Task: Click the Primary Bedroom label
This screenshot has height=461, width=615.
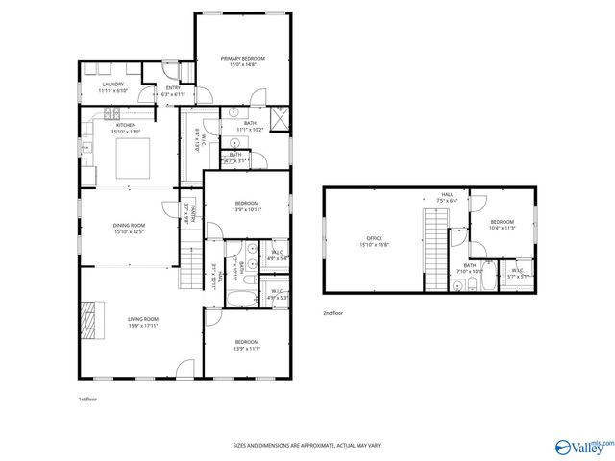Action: pos(242,59)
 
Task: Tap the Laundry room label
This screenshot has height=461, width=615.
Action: pos(113,85)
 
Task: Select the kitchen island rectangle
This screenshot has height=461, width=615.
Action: pos(134,158)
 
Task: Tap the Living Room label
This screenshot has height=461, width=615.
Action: pos(143,319)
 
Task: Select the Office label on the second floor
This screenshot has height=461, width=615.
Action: pos(375,239)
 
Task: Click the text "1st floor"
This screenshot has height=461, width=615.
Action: pos(87,399)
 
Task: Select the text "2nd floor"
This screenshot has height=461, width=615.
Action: pos(332,313)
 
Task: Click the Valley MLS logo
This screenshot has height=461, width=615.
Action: pos(581,446)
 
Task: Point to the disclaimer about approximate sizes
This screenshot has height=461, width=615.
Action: pos(307,446)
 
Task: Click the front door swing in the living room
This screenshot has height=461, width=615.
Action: pos(188,368)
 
